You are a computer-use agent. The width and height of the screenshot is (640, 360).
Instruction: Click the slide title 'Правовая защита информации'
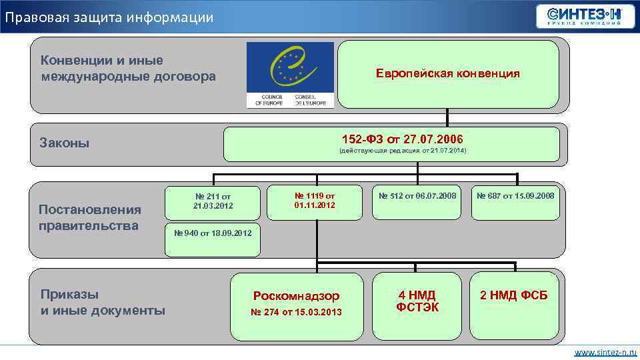tap(109, 17)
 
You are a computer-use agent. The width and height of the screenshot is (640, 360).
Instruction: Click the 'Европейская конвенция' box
tap(447, 73)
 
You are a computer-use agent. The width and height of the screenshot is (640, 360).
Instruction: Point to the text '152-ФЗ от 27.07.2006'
tap(402, 139)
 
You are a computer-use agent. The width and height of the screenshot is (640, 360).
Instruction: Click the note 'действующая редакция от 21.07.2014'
tap(403, 151)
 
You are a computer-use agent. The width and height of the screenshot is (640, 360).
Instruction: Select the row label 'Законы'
tap(65, 143)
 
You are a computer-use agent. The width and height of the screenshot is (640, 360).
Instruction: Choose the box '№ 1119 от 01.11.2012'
tap(315, 201)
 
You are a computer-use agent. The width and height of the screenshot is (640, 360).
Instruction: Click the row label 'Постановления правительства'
tap(90, 217)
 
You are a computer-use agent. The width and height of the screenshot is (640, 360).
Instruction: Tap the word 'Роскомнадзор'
tap(296, 295)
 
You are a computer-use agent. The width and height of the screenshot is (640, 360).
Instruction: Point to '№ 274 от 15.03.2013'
tap(295, 312)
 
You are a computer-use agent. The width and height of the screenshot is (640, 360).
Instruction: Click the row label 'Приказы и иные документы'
tap(103, 303)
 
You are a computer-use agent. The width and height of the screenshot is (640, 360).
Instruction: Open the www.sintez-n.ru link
tap(605, 351)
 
